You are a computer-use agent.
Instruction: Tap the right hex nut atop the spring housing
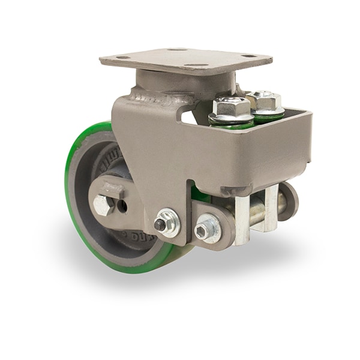click(264, 101)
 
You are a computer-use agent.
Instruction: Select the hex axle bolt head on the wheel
click(103, 206)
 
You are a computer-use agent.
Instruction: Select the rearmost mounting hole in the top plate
click(177, 50)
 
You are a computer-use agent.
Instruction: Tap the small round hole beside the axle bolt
click(123, 205)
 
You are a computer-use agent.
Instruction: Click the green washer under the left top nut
click(230, 124)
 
